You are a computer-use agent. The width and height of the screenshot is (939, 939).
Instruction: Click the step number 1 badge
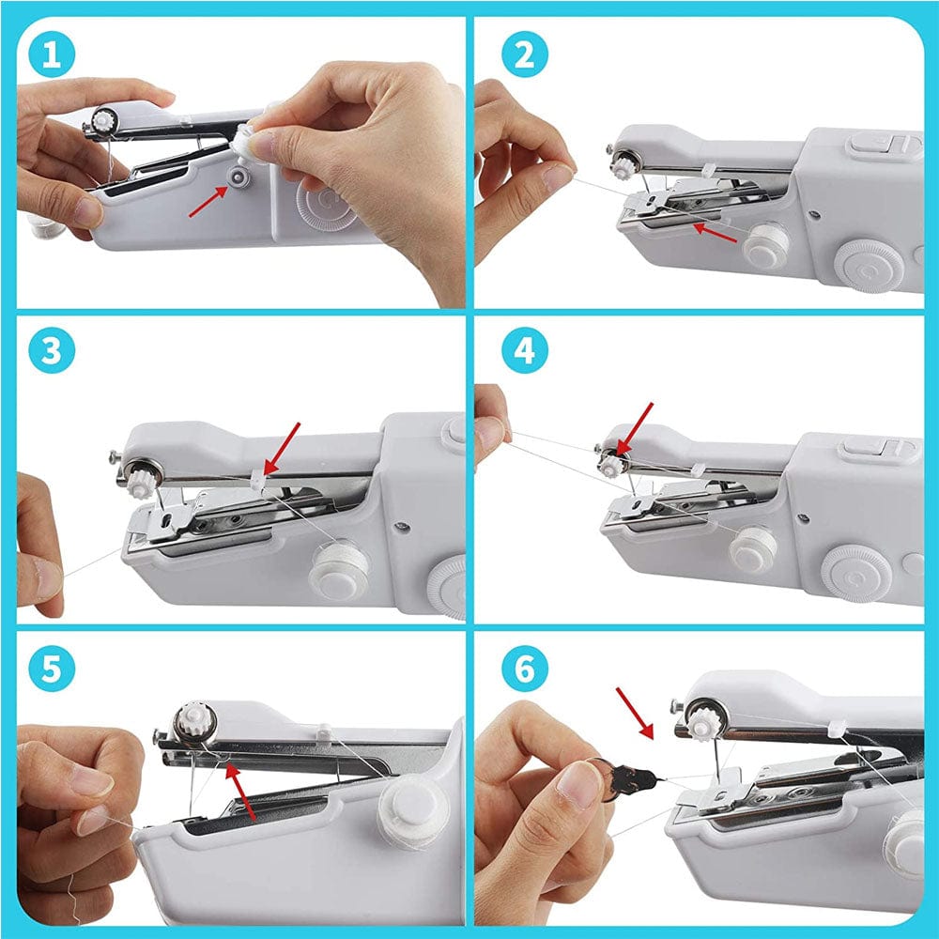pos(52,56)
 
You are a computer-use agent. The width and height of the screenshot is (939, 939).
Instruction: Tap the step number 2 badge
pos(524,56)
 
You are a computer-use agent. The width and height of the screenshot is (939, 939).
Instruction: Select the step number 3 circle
pos(52,355)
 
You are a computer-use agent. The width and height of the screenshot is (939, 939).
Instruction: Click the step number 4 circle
pos(524,355)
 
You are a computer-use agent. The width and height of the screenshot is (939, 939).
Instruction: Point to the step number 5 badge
pos(52,670)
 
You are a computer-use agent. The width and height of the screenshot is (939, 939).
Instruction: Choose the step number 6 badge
pos(524,670)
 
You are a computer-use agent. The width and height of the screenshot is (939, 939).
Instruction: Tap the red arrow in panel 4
pos(638,426)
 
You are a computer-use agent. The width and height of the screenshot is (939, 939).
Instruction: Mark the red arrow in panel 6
pos(634,712)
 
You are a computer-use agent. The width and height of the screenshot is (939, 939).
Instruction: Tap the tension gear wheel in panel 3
pos(144,482)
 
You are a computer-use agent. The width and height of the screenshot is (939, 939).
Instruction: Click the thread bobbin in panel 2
pos(765,245)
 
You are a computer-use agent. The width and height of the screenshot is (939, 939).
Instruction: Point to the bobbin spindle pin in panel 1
pos(241,178)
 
